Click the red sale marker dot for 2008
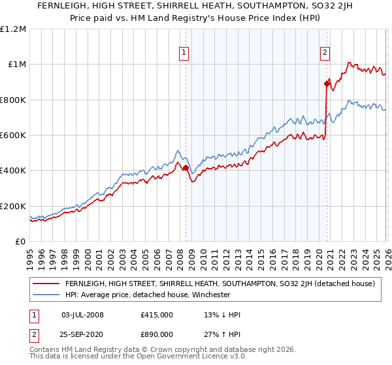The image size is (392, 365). click(186, 168)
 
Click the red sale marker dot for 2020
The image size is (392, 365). click(327, 83)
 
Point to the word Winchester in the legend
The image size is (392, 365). click(210, 295)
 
